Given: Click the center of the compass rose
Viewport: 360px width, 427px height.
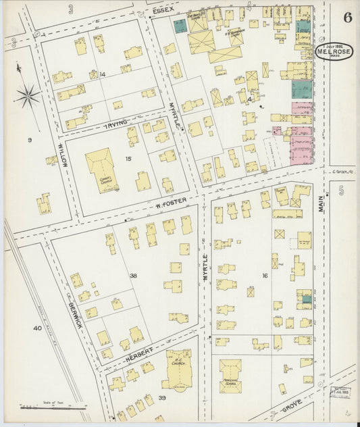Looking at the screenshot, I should pyautogui.click(x=27, y=96).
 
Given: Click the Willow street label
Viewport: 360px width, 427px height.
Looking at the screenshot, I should pyautogui.click(x=61, y=155).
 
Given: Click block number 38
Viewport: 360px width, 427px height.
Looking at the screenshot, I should pyautogui.click(x=134, y=276).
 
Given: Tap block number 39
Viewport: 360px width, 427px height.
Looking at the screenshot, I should pyautogui.click(x=162, y=398).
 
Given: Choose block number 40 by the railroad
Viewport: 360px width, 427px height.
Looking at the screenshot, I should pyautogui.click(x=36, y=328).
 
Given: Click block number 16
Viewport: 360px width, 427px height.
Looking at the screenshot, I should pyautogui.click(x=265, y=276).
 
